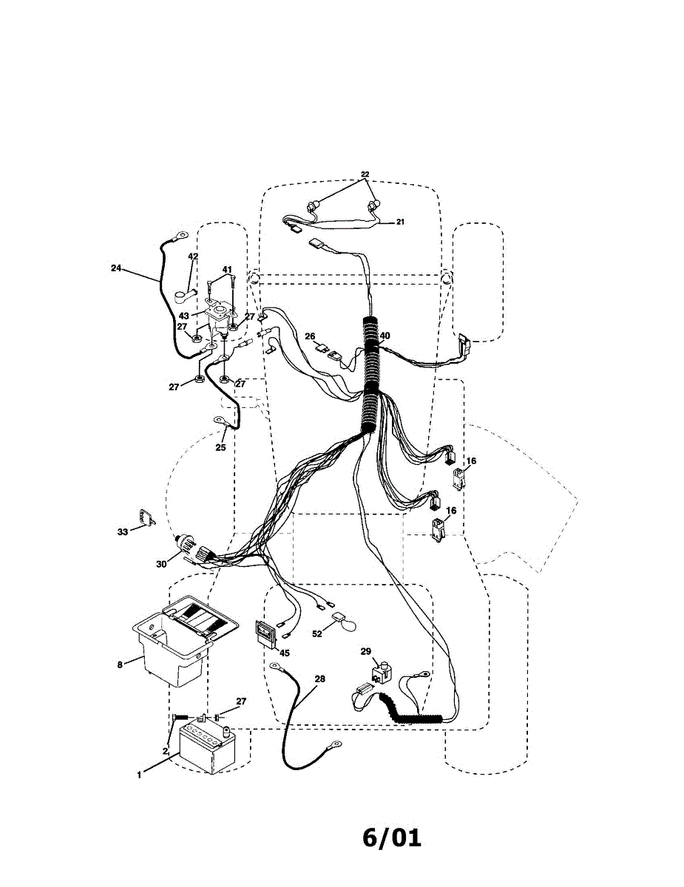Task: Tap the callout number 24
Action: coord(116,268)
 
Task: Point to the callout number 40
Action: coord(385,336)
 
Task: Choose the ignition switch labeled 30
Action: coord(194,551)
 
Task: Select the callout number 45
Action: coord(285,653)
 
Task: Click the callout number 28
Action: coord(319,678)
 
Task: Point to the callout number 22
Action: coord(365,175)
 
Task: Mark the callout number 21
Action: coord(400,221)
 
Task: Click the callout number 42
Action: coord(193,256)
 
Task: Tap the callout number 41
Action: coord(227,270)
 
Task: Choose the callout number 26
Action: coord(309,336)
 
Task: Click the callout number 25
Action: coord(220,447)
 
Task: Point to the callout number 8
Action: coord(120,665)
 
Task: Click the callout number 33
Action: coord(123,531)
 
